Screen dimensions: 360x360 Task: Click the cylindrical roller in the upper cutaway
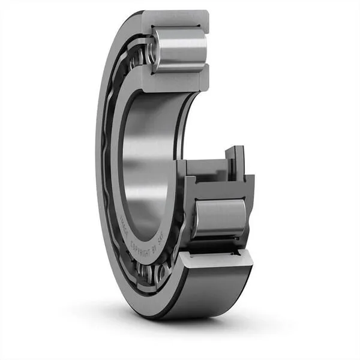pyautogui.click(x=179, y=49)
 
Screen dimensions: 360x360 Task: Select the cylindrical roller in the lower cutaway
pyautogui.click(x=220, y=219)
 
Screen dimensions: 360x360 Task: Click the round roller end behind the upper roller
pyautogui.click(x=151, y=53)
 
